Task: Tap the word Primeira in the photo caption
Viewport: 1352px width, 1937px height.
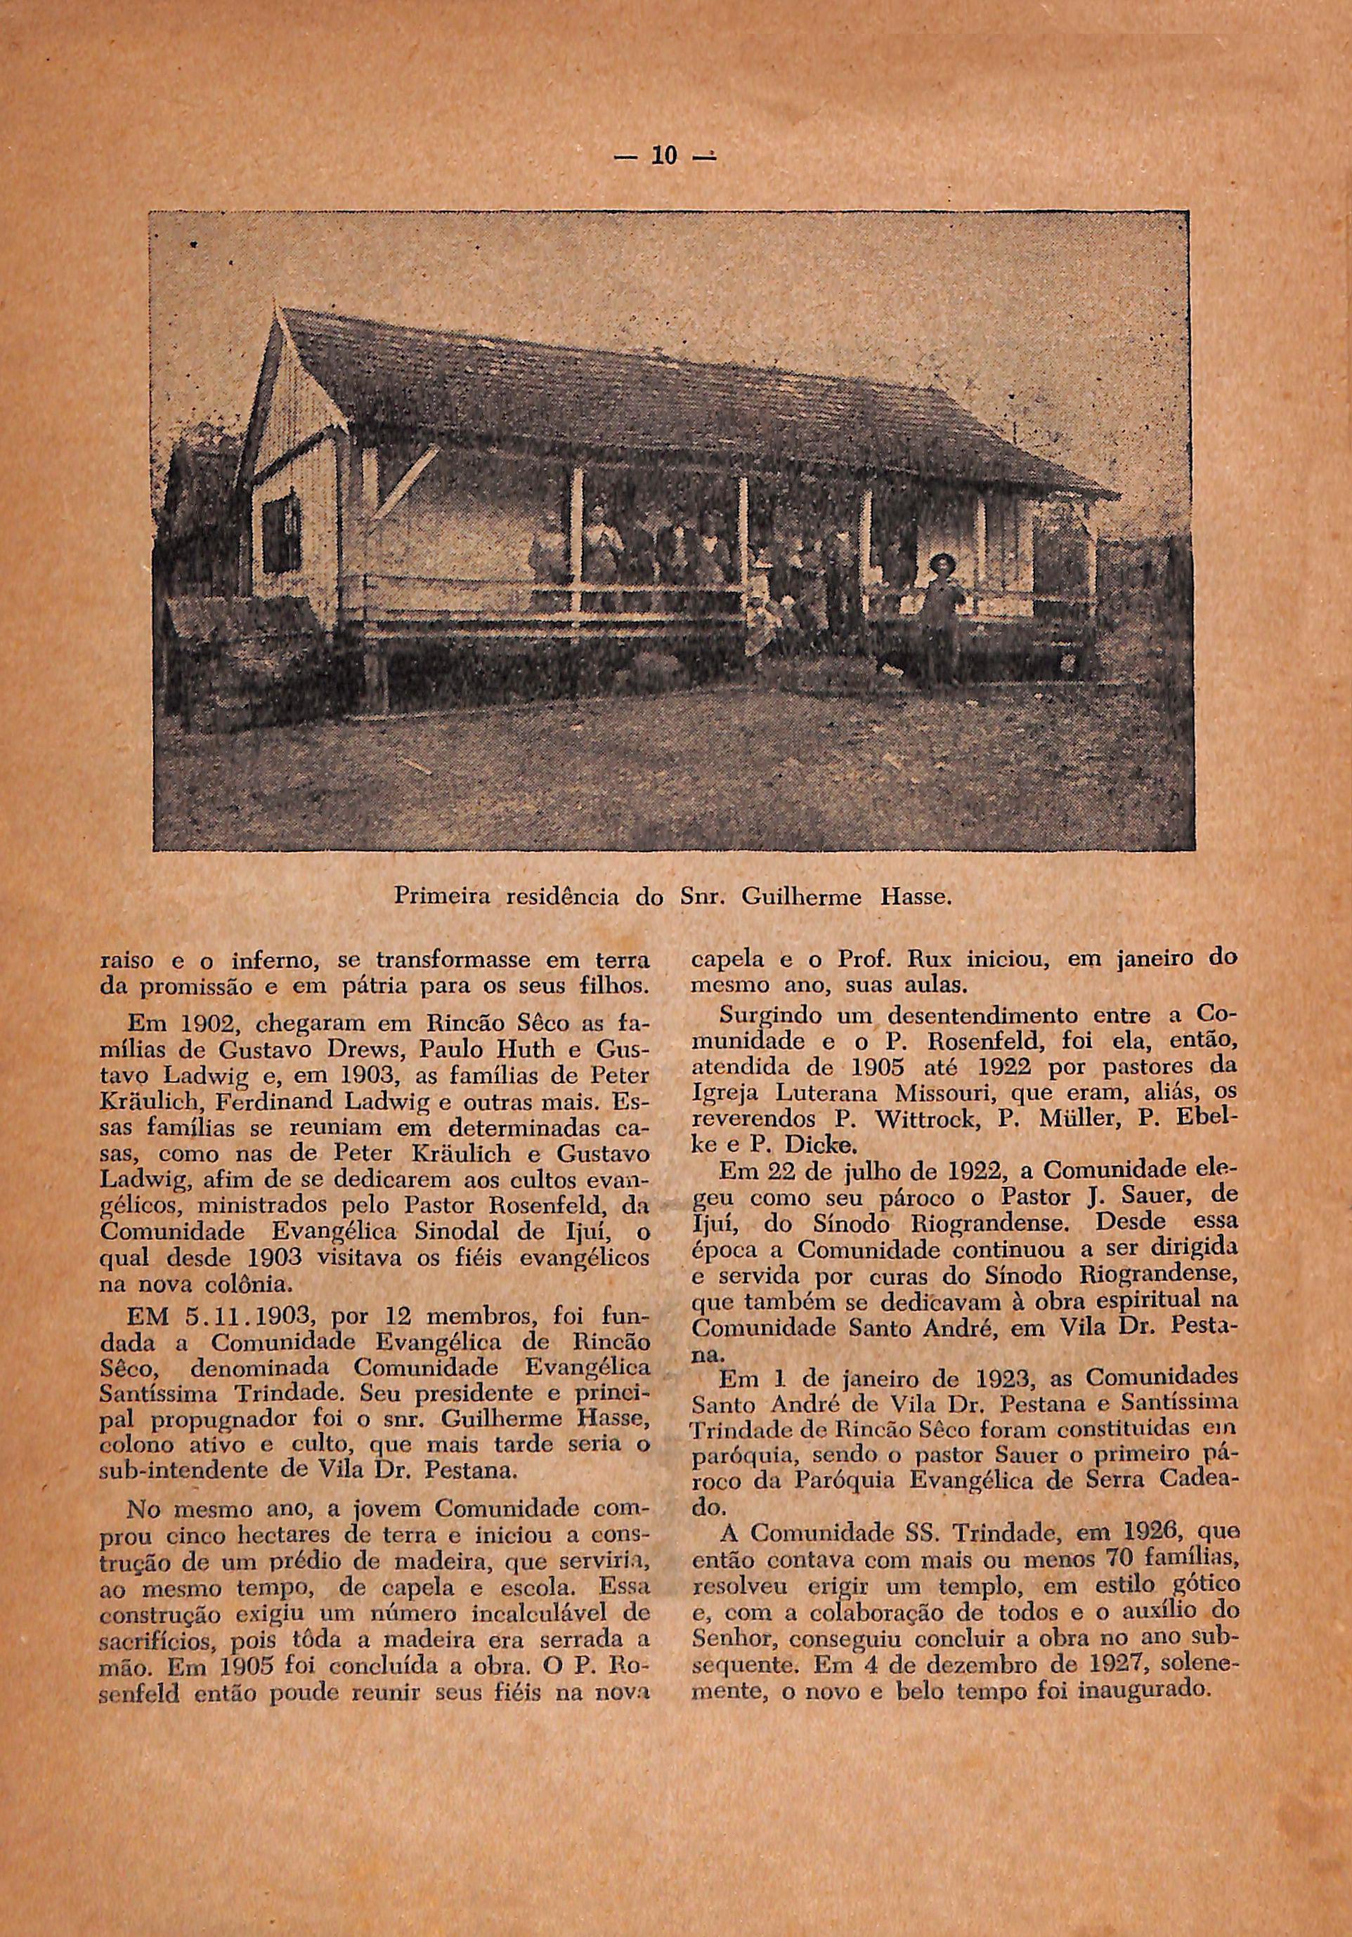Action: pos(445,898)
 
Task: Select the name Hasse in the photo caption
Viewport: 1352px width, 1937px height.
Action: pos(914,898)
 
